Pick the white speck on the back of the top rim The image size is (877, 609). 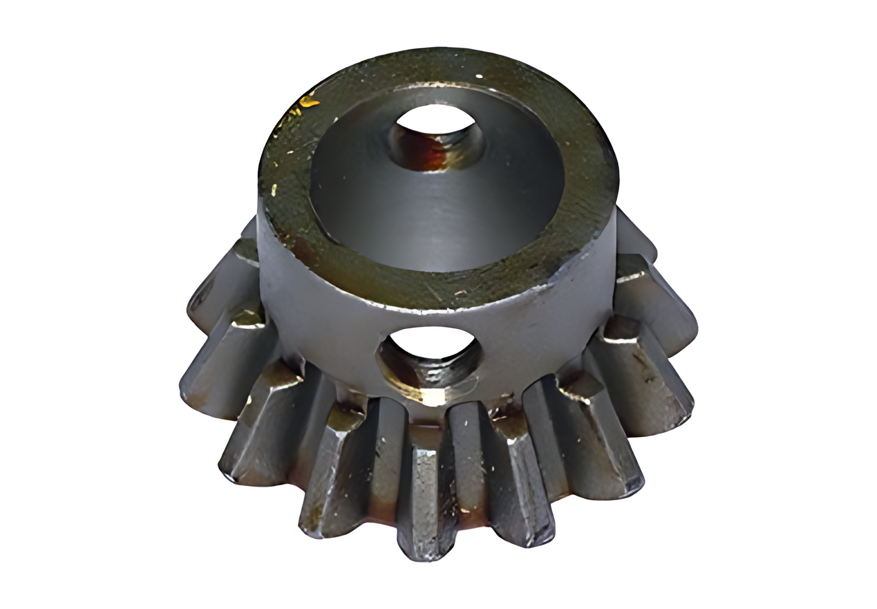click(x=479, y=76)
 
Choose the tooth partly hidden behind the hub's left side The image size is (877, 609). click(x=246, y=235)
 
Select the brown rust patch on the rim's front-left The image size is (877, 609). click(x=305, y=246)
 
